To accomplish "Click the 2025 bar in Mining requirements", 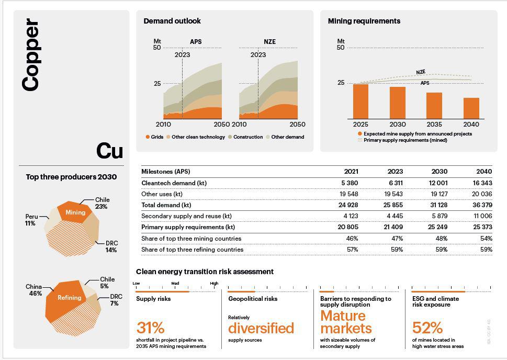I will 360,102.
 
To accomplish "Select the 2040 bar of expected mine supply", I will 471,108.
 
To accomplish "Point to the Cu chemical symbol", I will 109,151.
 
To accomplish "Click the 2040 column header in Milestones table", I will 484,172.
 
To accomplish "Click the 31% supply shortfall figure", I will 150,328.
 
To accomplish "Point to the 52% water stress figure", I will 427,328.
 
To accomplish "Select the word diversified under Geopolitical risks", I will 261,328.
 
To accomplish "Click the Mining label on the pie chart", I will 75,212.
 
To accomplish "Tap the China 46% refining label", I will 34,290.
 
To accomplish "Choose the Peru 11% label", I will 30,220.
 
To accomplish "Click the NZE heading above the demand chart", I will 269,42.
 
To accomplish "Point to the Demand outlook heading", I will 172,21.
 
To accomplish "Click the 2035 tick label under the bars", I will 434,125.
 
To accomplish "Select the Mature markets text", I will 346,322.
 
